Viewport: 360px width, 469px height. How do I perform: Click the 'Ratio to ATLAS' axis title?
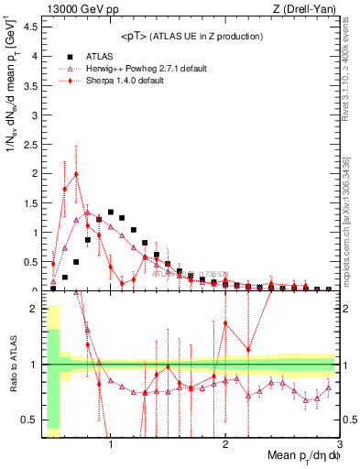[11, 366]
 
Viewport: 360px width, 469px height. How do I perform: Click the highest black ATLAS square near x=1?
[111, 212]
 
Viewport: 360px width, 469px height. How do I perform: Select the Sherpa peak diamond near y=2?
[76, 174]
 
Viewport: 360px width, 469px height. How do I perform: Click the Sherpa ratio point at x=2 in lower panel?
[225, 322]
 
